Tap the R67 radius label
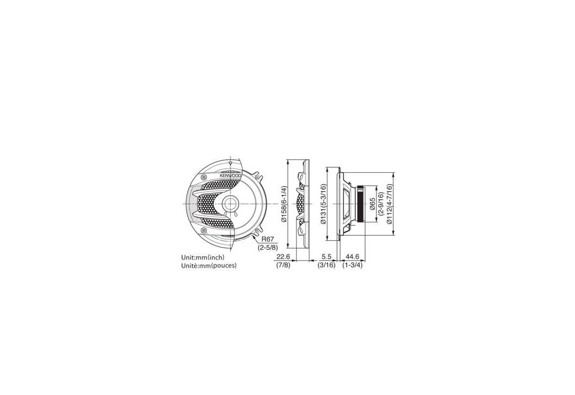(x=268, y=239)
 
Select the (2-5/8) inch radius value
(x=268, y=247)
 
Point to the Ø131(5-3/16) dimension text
(x=322, y=204)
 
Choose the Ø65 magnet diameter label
(x=372, y=204)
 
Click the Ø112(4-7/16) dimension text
(x=389, y=204)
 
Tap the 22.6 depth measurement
(x=283, y=257)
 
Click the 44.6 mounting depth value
(x=352, y=257)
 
